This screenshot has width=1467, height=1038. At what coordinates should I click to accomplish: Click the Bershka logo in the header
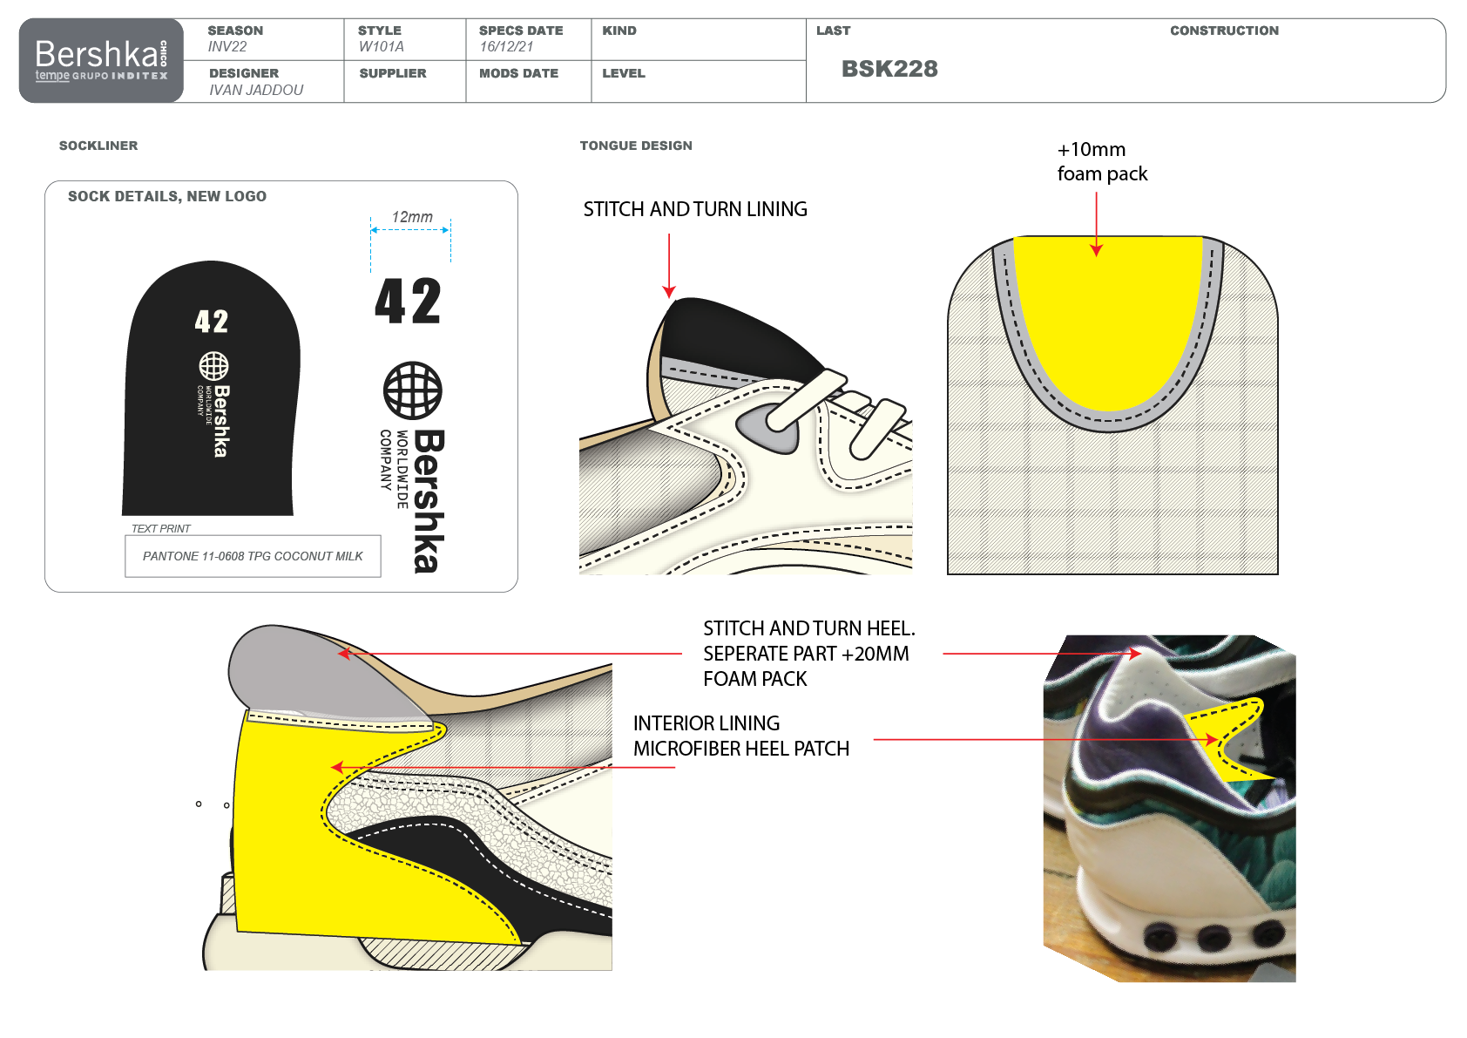pyautogui.click(x=101, y=59)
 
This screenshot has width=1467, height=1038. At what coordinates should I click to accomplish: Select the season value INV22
pyautogui.click(x=227, y=47)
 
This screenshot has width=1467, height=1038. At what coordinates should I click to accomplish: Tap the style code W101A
pyautogui.click(x=381, y=47)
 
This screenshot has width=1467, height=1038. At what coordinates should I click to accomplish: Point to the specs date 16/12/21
pyautogui.click(x=506, y=47)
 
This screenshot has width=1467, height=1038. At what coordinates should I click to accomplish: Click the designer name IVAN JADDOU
pyautogui.click(x=256, y=90)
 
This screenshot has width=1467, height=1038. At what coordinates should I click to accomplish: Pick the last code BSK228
pyautogui.click(x=889, y=69)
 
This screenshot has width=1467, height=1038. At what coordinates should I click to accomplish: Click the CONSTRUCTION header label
pyautogui.click(x=1224, y=31)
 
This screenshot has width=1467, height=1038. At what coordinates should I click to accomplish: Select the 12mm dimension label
pyautogui.click(x=412, y=217)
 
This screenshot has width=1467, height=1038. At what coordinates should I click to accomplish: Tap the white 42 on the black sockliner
pyautogui.click(x=212, y=322)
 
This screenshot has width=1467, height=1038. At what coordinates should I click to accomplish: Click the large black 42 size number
pyautogui.click(x=408, y=302)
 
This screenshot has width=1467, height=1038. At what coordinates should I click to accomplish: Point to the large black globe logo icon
pyautogui.click(x=413, y=390)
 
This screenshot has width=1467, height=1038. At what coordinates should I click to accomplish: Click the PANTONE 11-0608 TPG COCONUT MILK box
pyautogui.click(x=253, y=556)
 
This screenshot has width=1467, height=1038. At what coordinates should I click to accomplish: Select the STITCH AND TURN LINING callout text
pyautogui.click(x=695, y=209)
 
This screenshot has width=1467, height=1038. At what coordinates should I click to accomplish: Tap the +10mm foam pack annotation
pyautogui.click(x=1102, y=162)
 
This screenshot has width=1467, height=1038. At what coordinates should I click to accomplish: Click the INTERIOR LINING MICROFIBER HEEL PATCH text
pyautogui.click(x=740, y=736)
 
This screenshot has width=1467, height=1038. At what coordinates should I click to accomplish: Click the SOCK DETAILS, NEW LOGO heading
pyautogui.click(x=167, y=197)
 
